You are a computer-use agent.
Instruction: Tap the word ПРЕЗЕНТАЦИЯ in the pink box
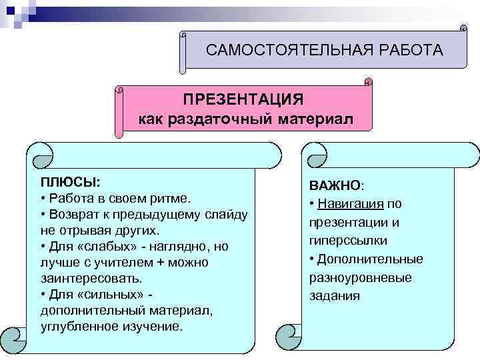point(243,99)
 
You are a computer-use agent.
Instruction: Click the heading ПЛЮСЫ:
point(70,182)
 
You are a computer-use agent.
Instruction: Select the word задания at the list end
point(335,295)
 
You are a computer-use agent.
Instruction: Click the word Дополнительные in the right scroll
point(371,259)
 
